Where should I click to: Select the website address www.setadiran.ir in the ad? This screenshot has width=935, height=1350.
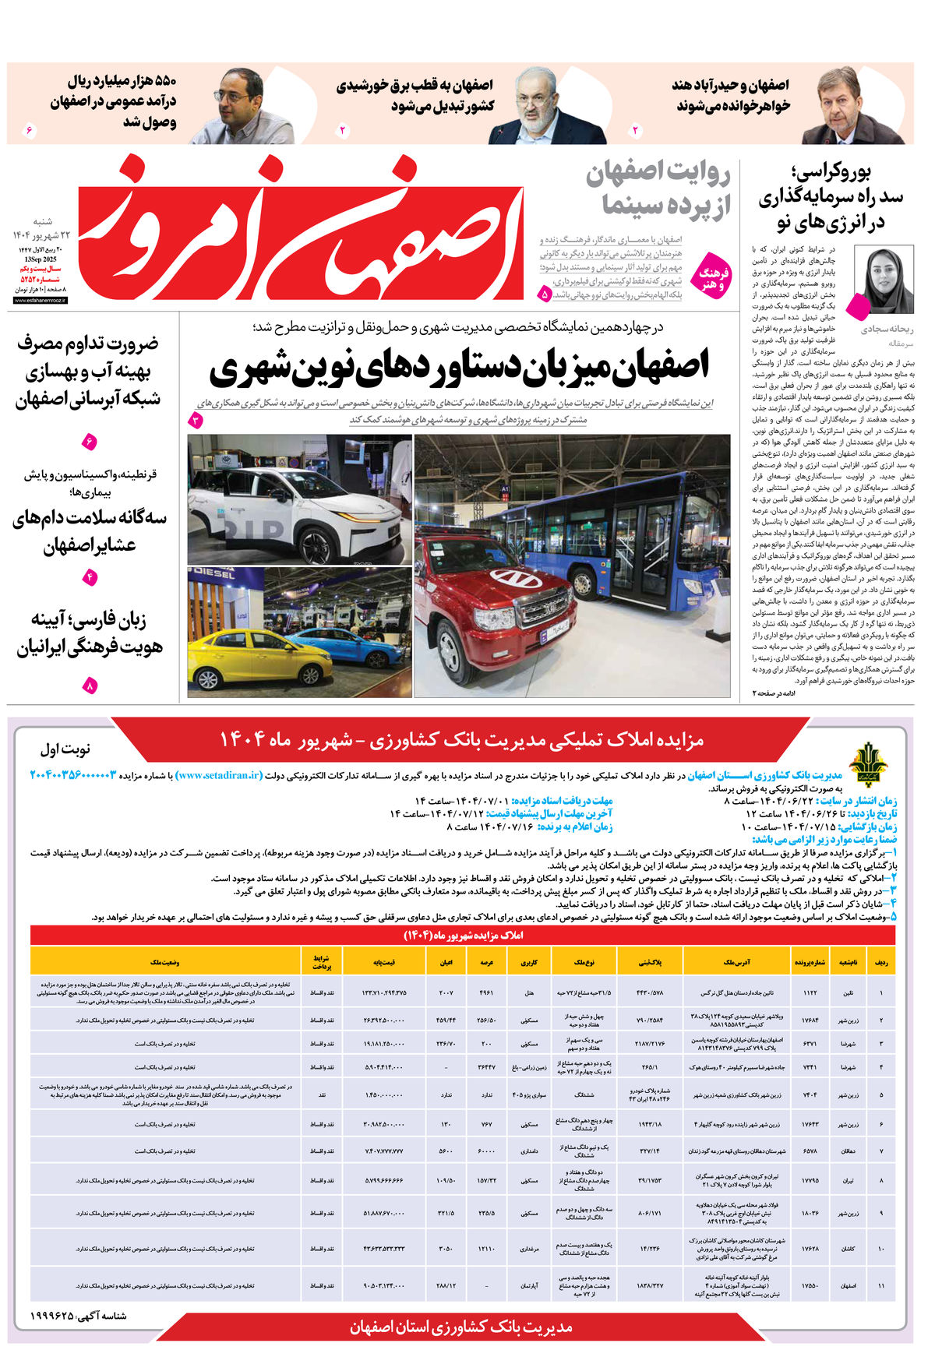pyautogui.click(x=219, y=775)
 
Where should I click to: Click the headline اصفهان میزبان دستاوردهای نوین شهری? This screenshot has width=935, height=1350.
pyautogui.click(x=460, y=367)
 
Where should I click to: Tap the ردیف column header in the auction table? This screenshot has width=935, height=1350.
pyautogui.click(x=880, y=962)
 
